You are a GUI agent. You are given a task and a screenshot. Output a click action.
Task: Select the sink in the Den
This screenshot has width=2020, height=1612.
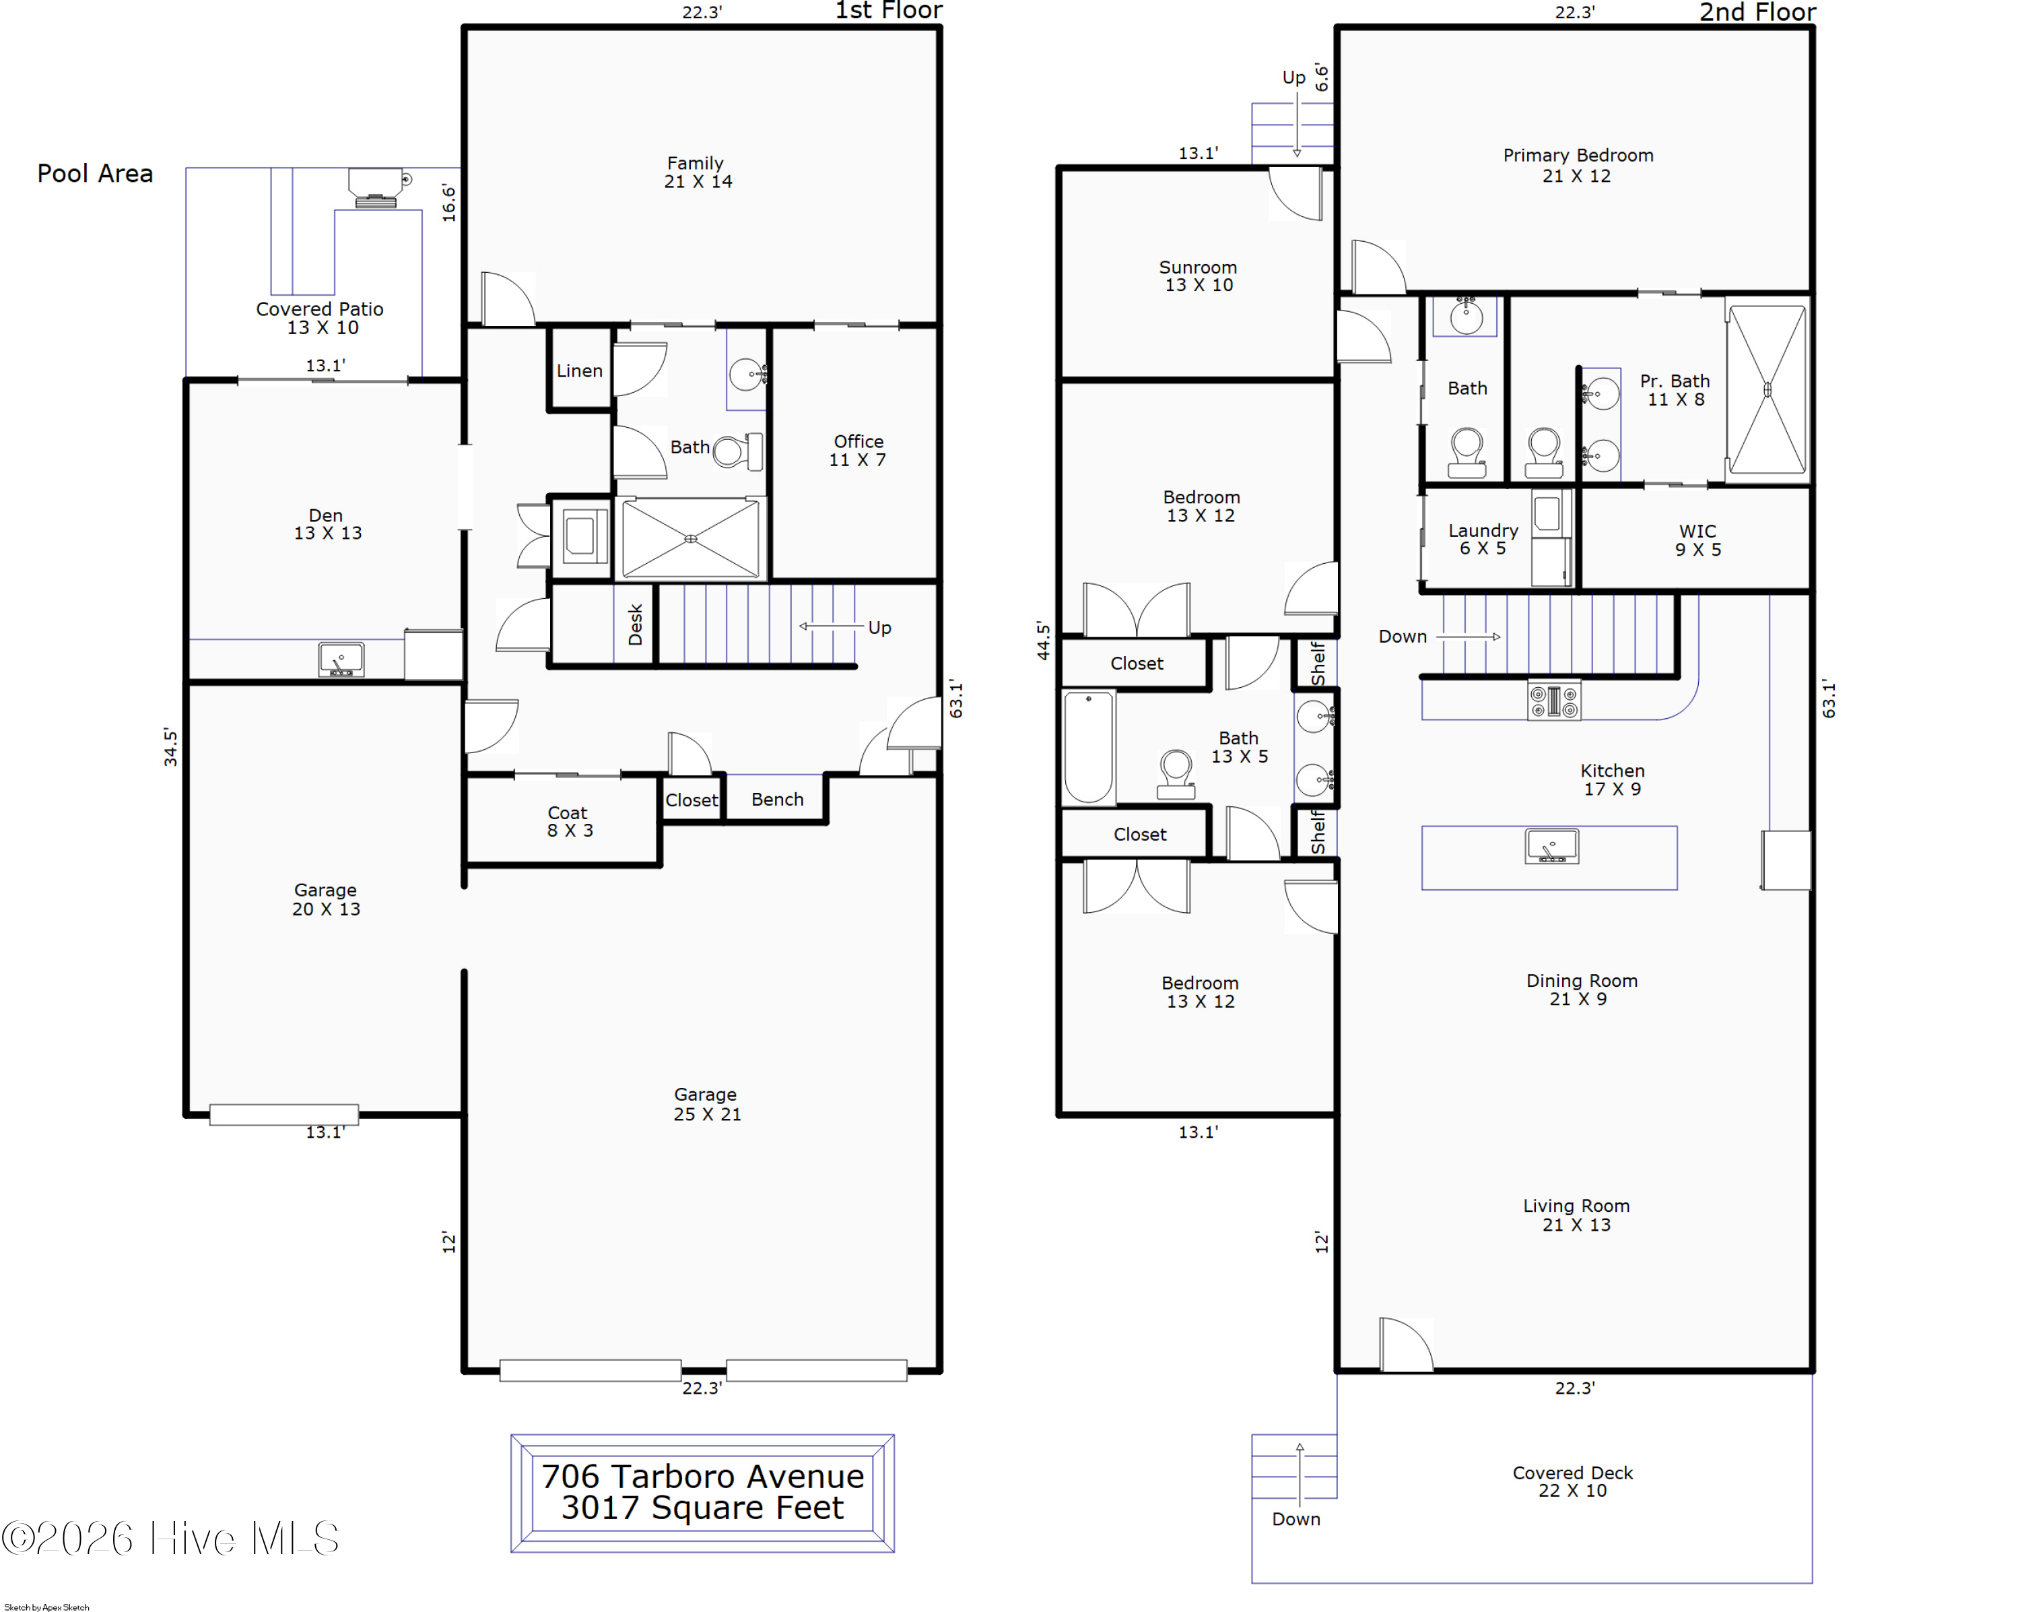point(341,659)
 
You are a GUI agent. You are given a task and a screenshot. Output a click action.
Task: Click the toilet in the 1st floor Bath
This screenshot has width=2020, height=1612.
point(738,452)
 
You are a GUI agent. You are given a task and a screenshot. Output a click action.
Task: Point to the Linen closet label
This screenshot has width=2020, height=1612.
point(580,371)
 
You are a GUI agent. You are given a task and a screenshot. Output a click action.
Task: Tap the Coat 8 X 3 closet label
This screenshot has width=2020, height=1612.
point(569,822)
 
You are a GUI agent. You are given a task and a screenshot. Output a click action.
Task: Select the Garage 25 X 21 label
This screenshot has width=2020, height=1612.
point(706,1104)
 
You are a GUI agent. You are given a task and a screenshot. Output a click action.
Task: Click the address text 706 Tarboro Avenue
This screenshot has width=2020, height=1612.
point(703,1476)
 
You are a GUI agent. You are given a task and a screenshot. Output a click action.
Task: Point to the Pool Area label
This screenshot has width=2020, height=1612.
point(95,173)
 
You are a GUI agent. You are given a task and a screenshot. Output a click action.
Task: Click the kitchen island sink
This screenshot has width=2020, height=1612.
point(1551,845)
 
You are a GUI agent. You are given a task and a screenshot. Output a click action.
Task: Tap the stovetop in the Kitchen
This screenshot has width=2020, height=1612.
point(1554,700)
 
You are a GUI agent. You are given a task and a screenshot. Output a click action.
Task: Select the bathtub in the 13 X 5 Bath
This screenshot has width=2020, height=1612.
point(1089,748)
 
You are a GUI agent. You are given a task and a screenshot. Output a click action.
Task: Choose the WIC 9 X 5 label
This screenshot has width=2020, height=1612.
point(1697,540)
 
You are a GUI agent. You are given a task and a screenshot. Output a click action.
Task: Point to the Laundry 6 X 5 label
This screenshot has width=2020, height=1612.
point(1483,539)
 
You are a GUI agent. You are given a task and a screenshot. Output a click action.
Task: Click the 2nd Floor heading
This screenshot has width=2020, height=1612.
point(1757,12)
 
